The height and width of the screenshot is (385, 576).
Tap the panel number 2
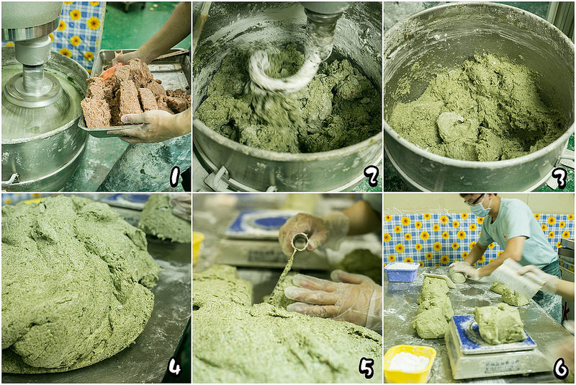tap(371, 176)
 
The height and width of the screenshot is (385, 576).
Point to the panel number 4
tap(174, 366)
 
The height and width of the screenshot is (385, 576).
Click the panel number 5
tap(366, 368)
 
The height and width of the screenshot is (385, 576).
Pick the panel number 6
tap(561, 368)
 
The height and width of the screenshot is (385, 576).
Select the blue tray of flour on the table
tap(402, 271)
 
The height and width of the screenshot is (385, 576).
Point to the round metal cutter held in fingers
tap(300, 242)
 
